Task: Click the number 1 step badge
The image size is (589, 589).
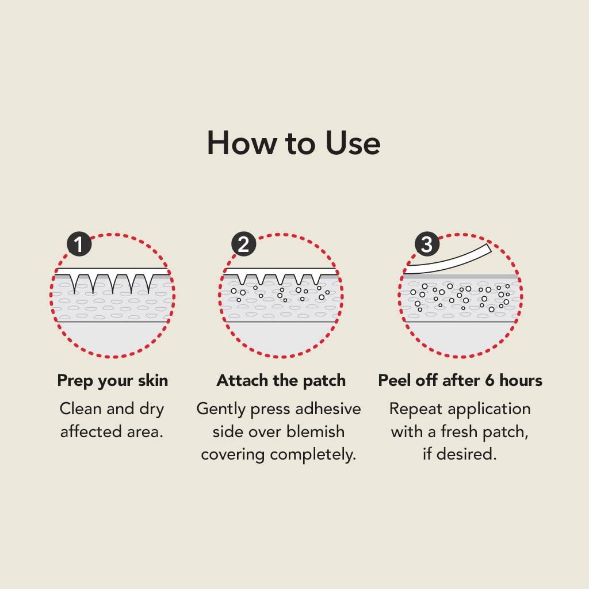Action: (79, 245)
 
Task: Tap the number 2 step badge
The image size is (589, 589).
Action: (243, 245)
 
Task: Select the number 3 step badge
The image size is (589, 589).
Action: (426, 245)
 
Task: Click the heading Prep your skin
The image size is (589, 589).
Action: (113, 380)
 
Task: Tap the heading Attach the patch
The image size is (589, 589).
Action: (281, 380)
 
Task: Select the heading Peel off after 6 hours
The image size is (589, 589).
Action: (460, 380)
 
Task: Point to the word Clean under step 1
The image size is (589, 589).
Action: (81, 409)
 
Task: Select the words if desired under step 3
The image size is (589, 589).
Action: (460, 454)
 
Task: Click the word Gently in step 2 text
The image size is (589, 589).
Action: (221, 409)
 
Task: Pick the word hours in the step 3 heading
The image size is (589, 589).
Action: (521, 380)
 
